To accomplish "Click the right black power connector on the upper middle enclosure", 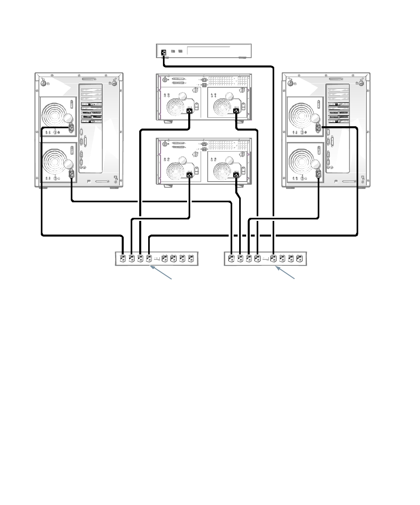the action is coord(236,111).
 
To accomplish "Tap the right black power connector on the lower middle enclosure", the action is coord(236,175).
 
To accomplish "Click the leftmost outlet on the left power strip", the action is coord(123,258).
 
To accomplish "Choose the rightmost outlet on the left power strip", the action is coord(190,258).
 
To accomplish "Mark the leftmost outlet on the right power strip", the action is coord(232,258).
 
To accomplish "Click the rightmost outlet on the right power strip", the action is coord(299,258).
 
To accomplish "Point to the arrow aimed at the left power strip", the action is coord(161,272).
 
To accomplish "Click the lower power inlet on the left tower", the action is coord(71,174).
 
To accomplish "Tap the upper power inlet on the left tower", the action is coord(71,127).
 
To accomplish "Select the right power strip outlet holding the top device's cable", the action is coord(274,258).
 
